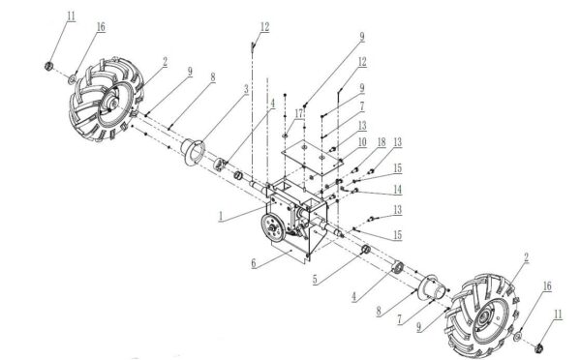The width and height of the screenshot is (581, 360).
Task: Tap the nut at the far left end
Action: coord(47,66)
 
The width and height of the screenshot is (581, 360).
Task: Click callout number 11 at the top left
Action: coord(70,16)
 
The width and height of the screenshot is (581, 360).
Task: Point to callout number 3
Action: coord(246,88)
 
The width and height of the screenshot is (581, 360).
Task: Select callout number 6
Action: coord(255,261)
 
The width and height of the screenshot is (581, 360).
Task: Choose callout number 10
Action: coord(359,141)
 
